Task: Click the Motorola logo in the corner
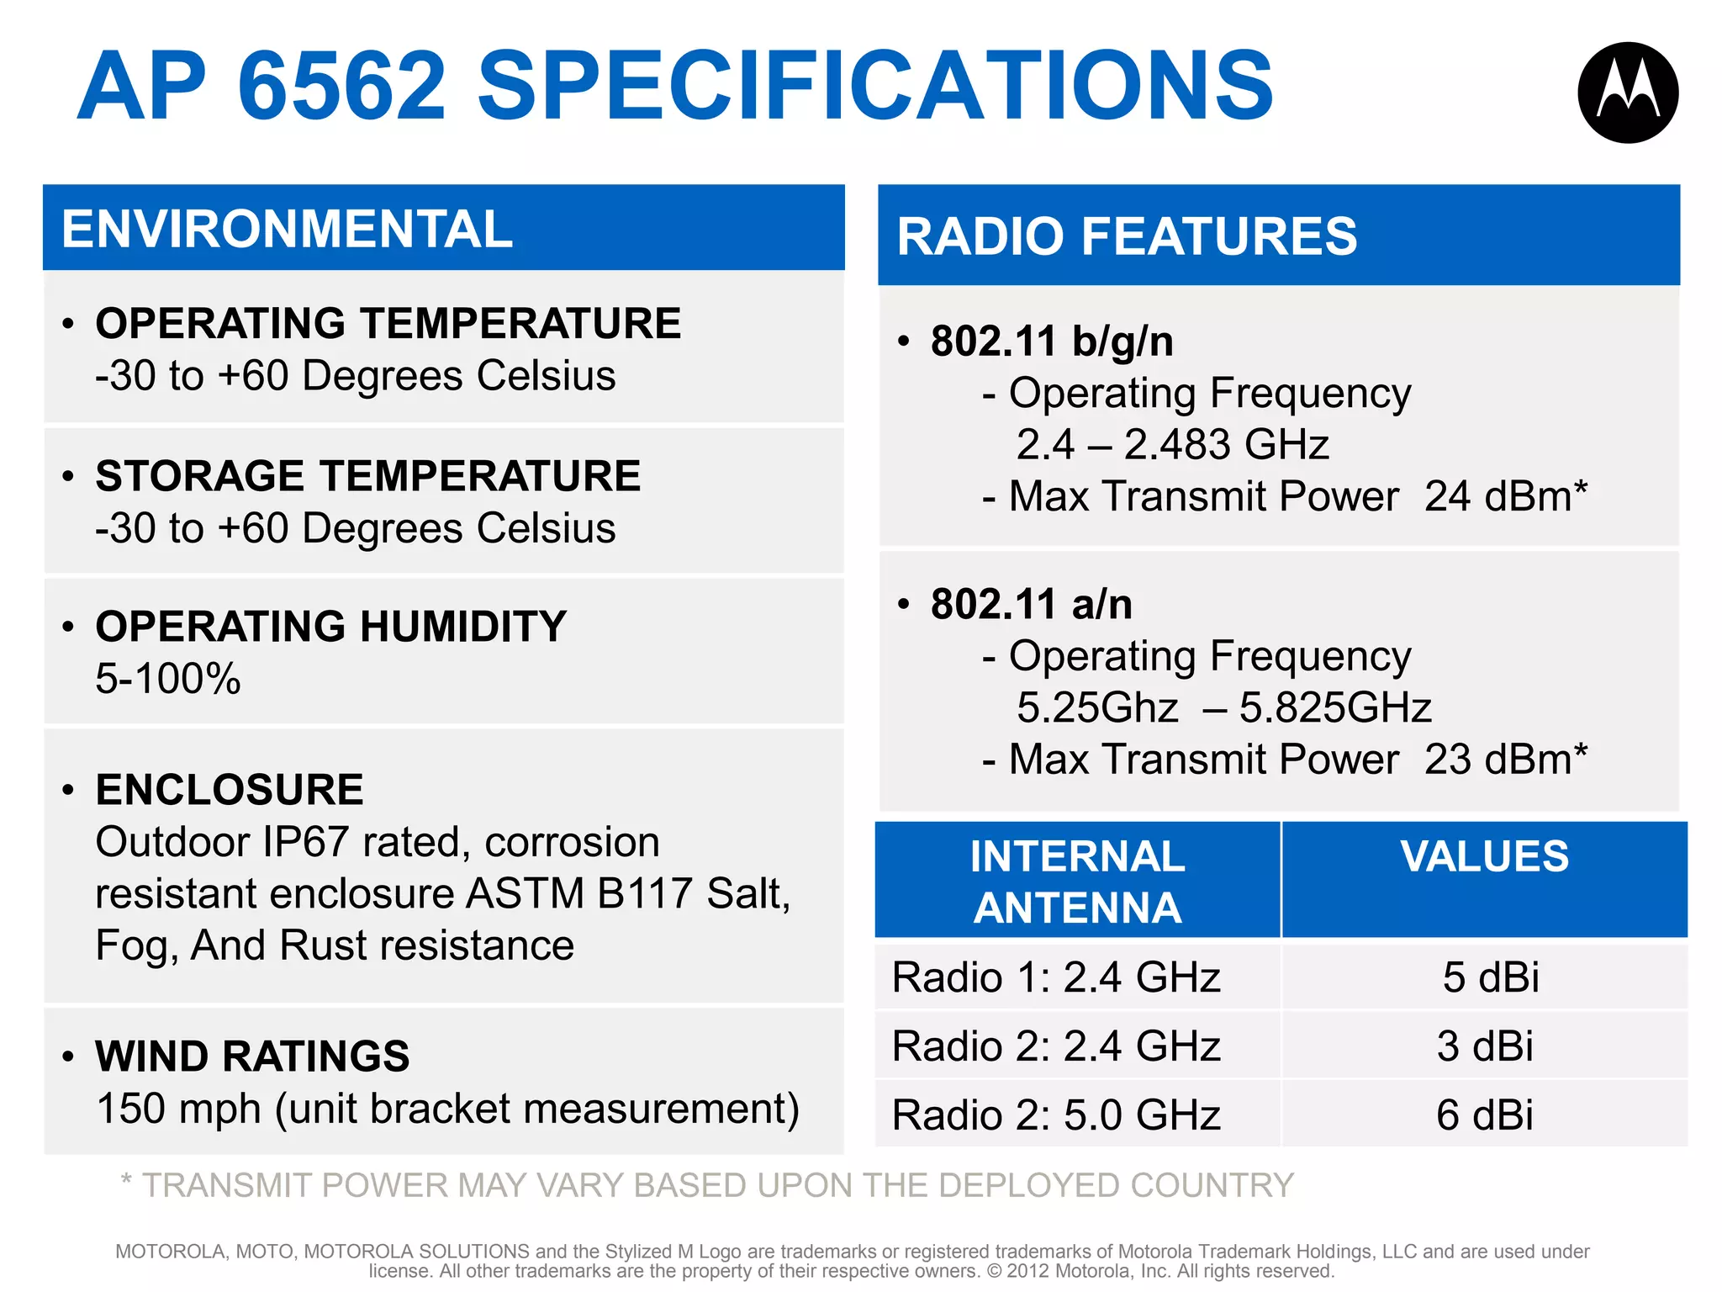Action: (x=1628, y=93)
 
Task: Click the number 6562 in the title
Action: (x=341, y=86)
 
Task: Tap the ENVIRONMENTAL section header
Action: (x=287, y=229)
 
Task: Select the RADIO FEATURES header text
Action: (x=1127, y=236)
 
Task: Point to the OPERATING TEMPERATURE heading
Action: (x=388, y=324)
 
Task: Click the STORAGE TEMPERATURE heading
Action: (x=367, y=476)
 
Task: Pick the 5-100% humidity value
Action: (x=167, y=679)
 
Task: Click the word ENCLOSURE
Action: (x=230, y=790)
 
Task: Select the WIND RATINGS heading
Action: (x=252, y=1056)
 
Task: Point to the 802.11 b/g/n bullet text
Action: (x=1051, y=342)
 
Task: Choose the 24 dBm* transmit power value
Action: (x=1505, y=496)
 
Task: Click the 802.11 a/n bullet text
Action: (x=1031, y=604)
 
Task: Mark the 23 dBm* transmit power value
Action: (x=1505, y=760)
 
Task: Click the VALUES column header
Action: (x=1484, y=857)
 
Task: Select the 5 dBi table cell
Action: (x=1490, y=977)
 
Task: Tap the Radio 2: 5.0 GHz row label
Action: (x=1056, y=1115)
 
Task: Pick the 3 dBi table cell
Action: (x=1485, y=1046)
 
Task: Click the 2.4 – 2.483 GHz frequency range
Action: (x=1172, y=445)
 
